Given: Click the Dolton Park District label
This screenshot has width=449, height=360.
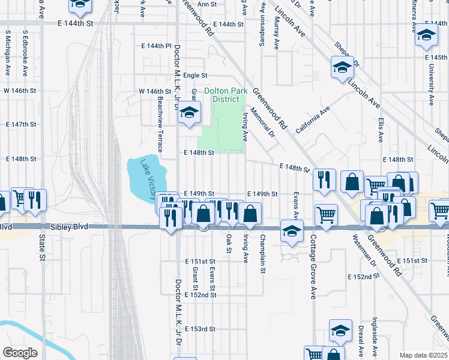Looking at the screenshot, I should (221, 95).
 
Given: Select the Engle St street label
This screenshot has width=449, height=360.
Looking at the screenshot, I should (195, 76).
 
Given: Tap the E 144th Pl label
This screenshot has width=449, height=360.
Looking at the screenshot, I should (157, 46).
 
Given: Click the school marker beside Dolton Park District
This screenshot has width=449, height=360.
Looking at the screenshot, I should (189, 113).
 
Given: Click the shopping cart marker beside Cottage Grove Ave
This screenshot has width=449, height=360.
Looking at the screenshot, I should (326, 214).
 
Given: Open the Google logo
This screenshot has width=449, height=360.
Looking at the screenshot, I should (20, 353).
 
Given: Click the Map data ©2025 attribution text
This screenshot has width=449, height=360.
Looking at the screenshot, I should (423, 355).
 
